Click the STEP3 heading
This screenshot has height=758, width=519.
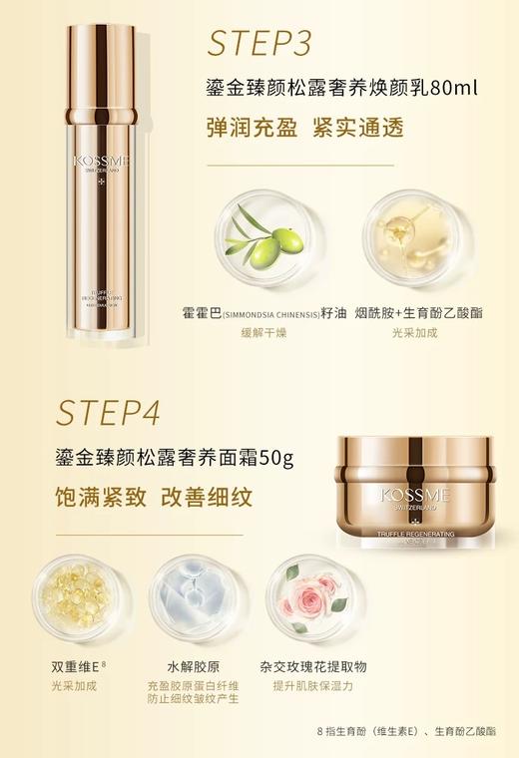click(x=259, y=44)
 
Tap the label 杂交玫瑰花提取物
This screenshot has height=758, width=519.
click(x=312, y=666)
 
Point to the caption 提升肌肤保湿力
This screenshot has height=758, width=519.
click(x=312, y=686)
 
